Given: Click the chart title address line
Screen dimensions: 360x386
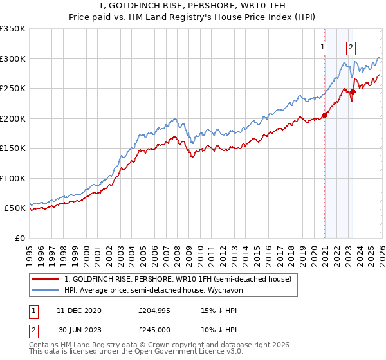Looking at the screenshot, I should pyautogui.click(x=192, y=6).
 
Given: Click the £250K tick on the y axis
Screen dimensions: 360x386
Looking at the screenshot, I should pyautogui.click(x=13, y=89).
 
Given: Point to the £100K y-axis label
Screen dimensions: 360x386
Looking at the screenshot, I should pyautogui.click(x=13, y=178).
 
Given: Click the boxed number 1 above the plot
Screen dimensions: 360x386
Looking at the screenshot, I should pyautogui.click(x=322, y=46).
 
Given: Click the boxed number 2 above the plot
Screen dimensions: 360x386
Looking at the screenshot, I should pyautogui.click(x=351, y=46).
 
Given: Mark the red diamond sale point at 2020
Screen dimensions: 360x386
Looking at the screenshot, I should pyautogui.click(x=324, y=116).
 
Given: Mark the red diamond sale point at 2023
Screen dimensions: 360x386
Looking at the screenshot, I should pyautogui.click(x=353, y=92).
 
